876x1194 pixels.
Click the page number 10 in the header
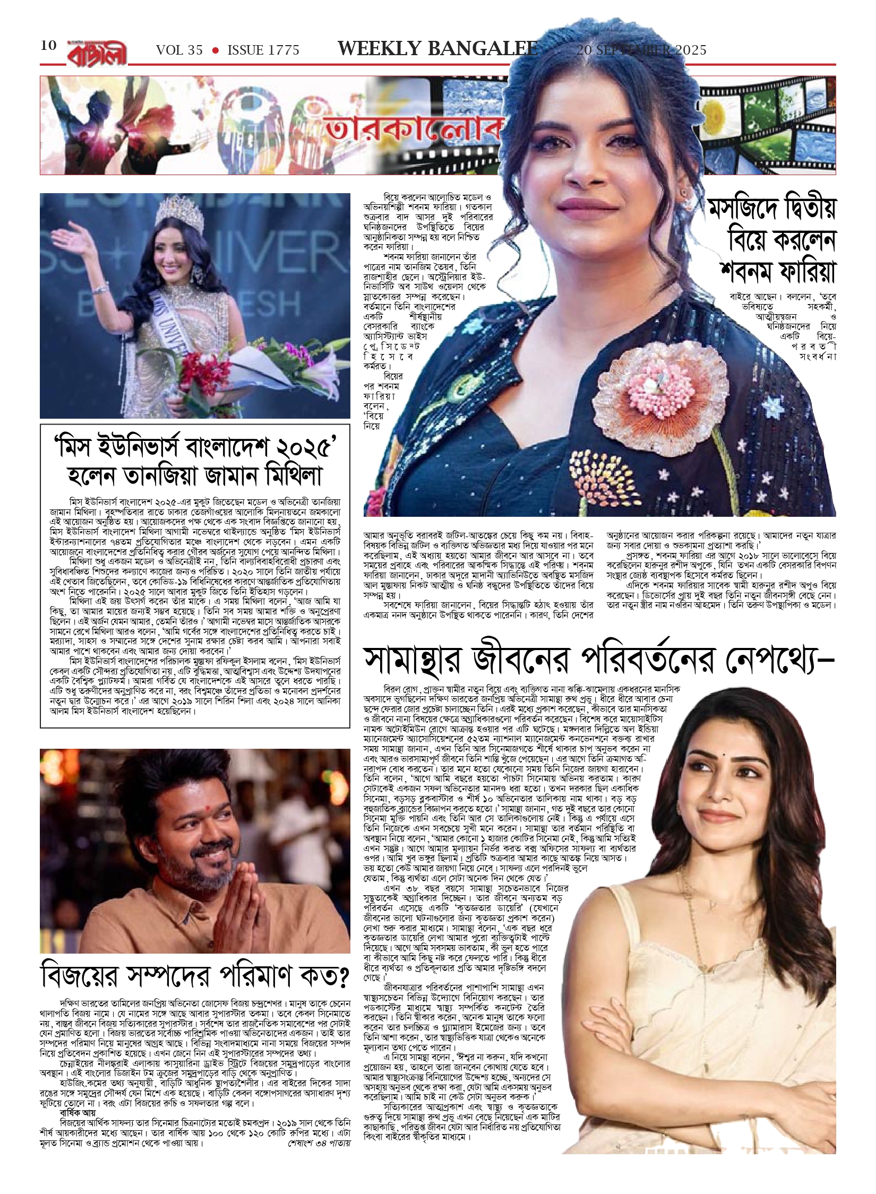pos(48,46)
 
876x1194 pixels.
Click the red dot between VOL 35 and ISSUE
pos(215,50)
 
